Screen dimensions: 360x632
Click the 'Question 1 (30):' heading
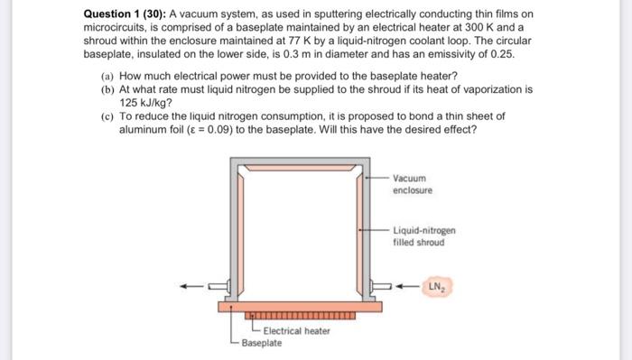[125, 14]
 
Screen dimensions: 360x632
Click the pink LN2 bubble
[437, 287]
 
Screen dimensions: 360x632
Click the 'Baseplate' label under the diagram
[262, 344]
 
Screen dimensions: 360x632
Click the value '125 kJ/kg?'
[146, 103]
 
